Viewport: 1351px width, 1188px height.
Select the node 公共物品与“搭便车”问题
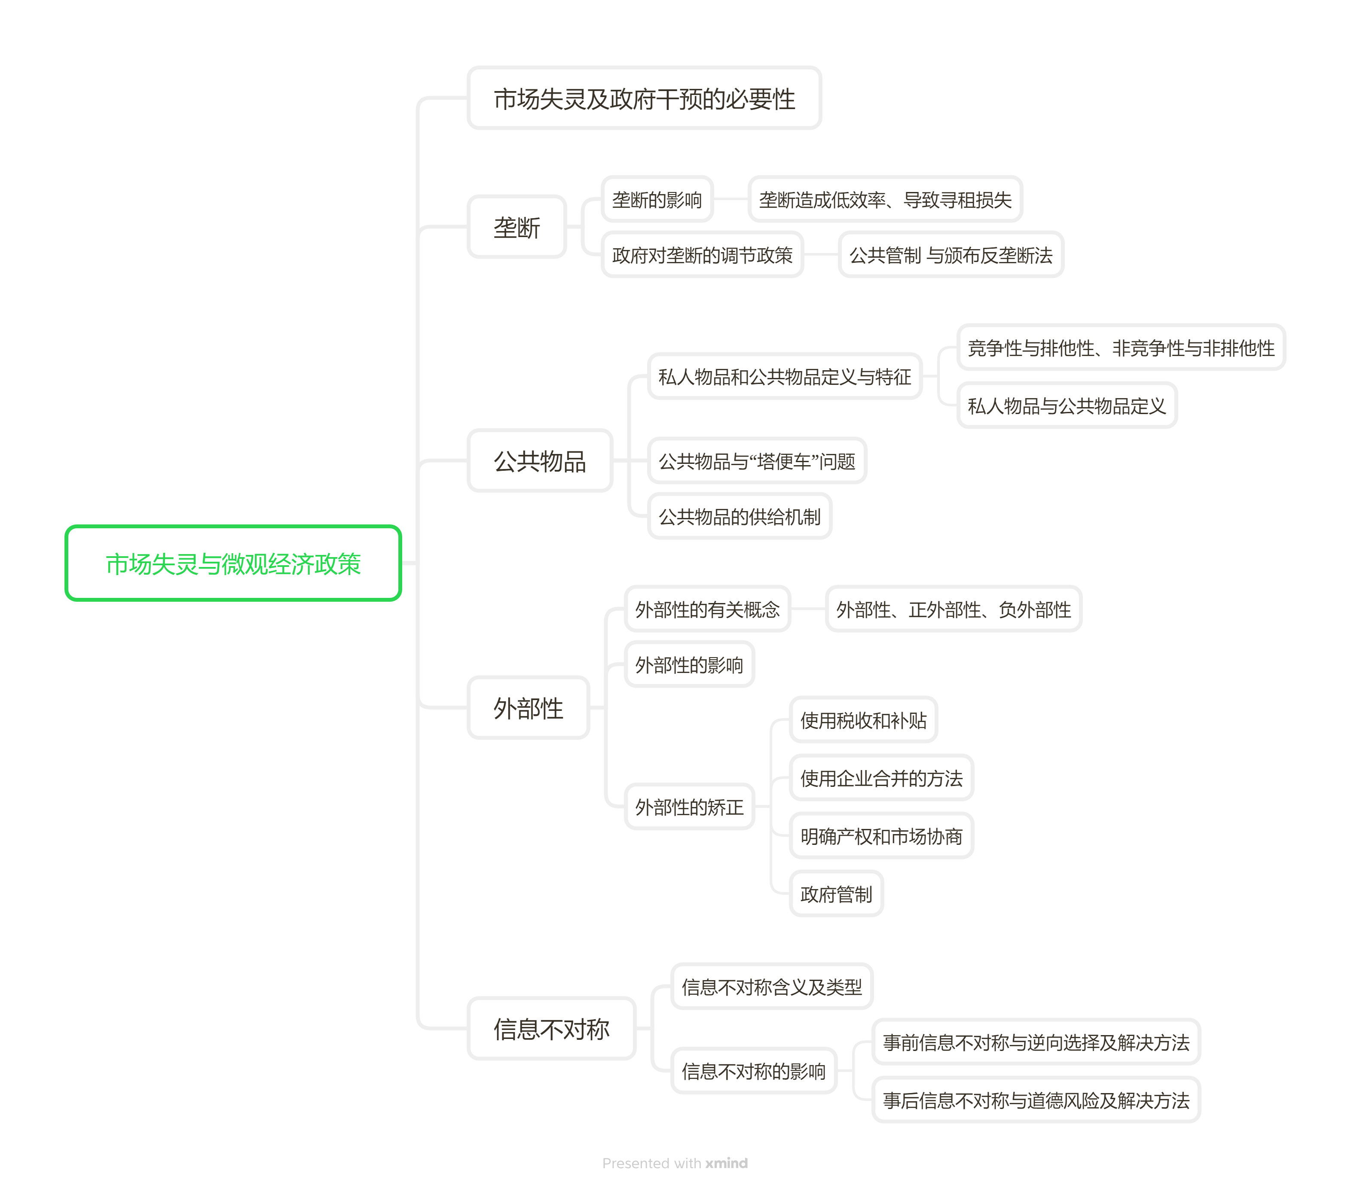(756, 461)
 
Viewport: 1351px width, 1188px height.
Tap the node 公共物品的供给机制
(739, 517)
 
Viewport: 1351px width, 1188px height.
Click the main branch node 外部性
(528, 708)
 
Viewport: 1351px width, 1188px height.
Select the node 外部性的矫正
(689, 807)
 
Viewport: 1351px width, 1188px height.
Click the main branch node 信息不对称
(551, 1029)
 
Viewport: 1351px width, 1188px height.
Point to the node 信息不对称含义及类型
(771, 987)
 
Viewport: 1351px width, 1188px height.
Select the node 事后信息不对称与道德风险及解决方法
(1035, 1100)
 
